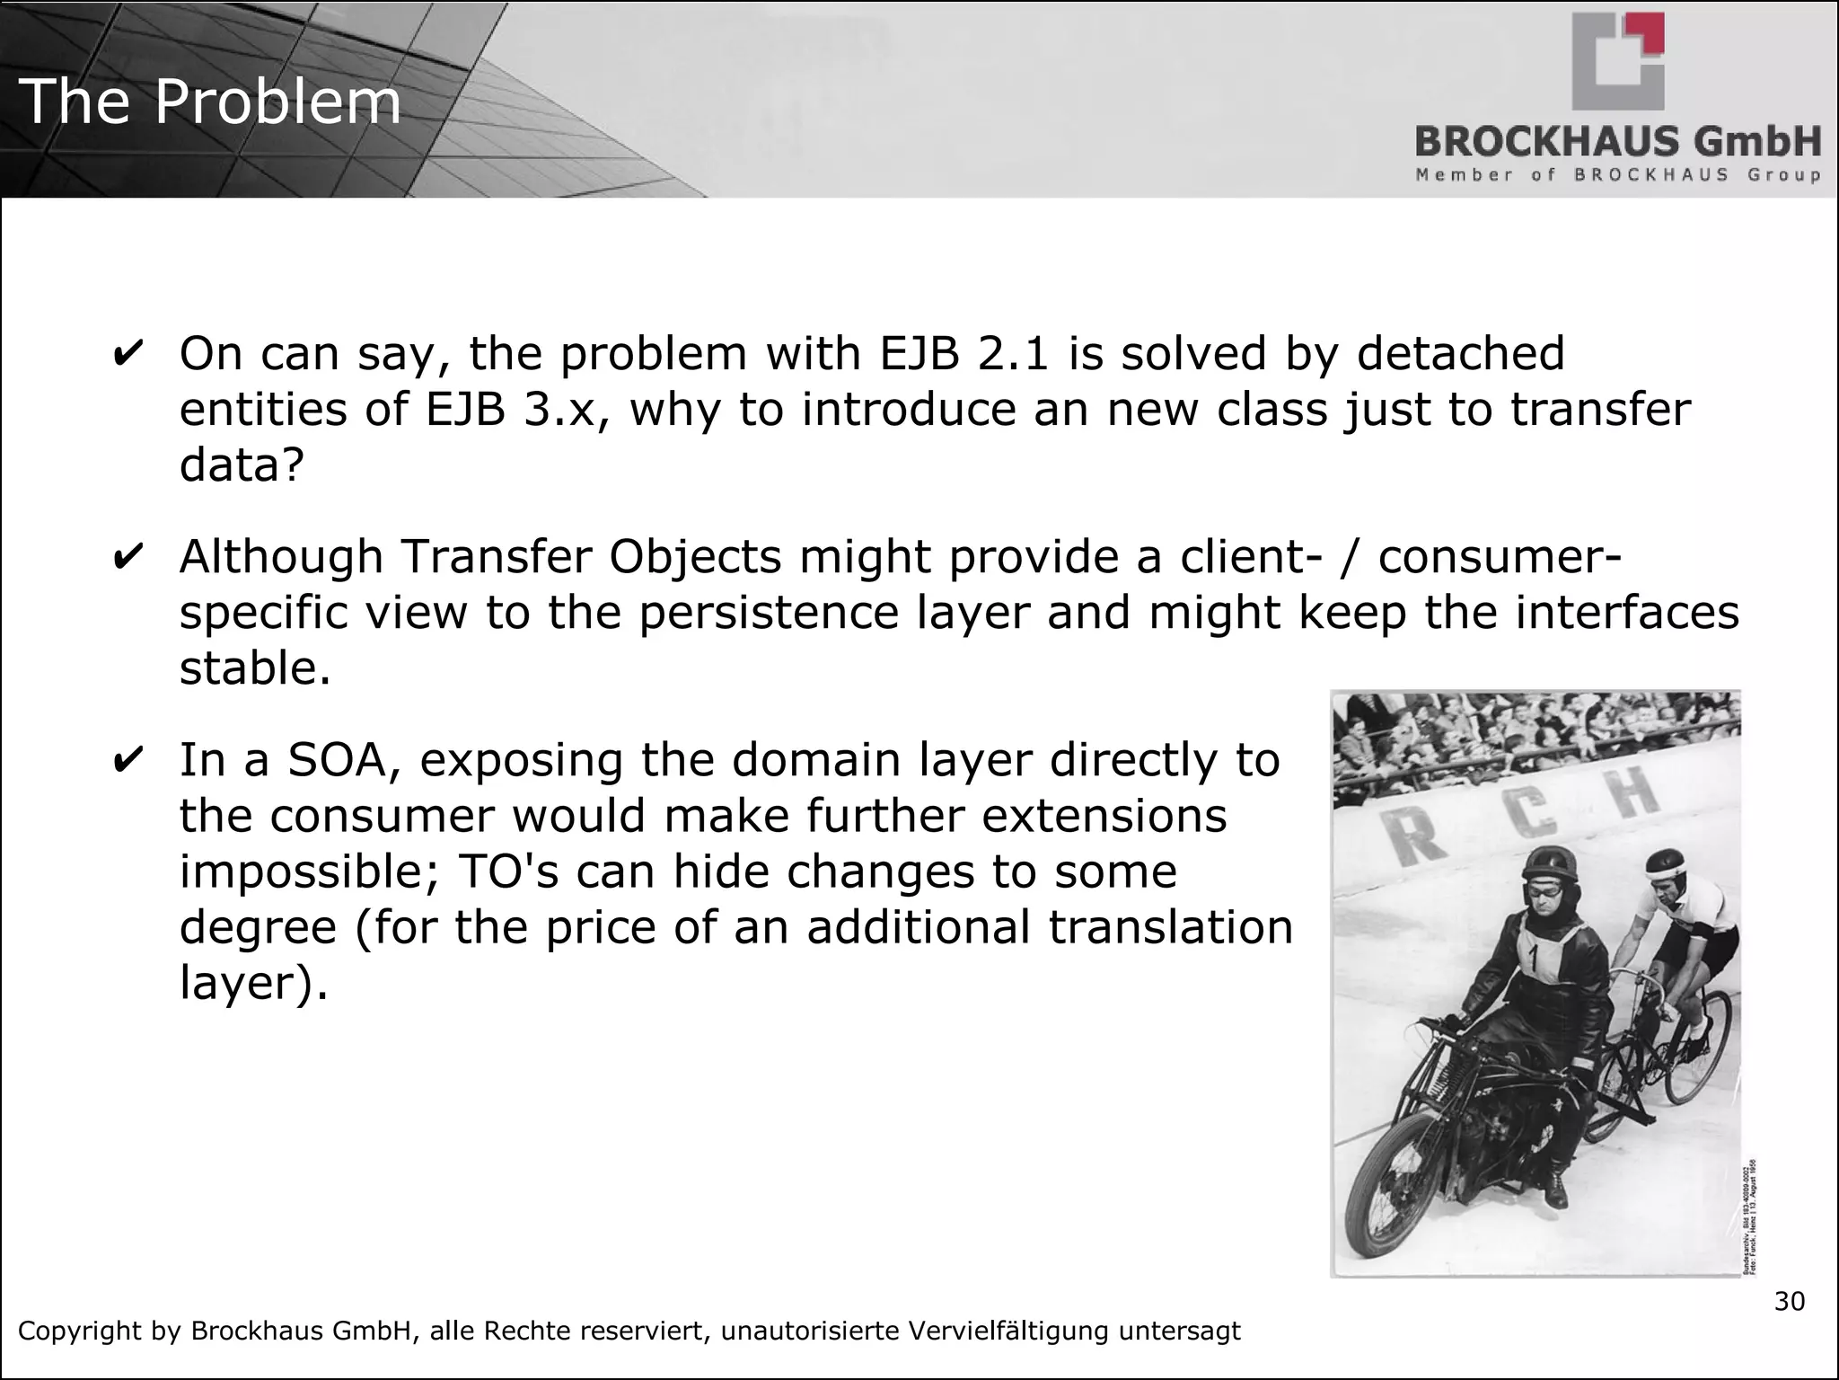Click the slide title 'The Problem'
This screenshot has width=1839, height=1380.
click(x=210, y=101)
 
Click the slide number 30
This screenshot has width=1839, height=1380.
click(x=1789, y=1301)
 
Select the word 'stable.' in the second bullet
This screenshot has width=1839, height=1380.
click(x=255, y=668)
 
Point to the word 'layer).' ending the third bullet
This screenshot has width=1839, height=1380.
click(x=254, y=983)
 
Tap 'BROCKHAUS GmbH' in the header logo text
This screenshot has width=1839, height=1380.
click(x=1618, y=142)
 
